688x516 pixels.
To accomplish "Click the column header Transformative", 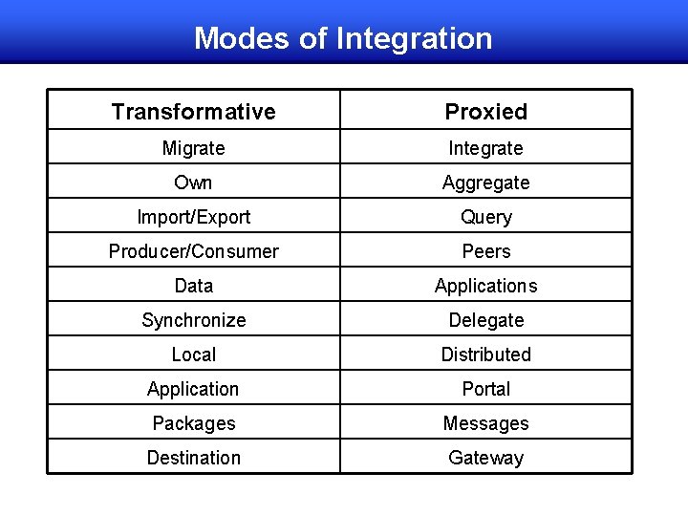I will point(193,112).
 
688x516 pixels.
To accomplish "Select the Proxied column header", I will point(485,112).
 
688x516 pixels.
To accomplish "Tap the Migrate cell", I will point(193,148).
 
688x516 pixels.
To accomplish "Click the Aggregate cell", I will point(485,183).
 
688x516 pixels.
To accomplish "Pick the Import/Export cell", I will point(193,217).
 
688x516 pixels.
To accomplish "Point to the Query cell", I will point(485,217).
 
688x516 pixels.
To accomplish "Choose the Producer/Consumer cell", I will point(193,251).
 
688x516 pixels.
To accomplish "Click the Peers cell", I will point(485,251).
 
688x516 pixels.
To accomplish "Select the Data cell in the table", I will point(193,286).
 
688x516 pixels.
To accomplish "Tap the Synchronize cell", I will point(193,320).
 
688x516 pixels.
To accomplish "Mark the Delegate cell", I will point(485,320).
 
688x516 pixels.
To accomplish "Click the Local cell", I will point(193,355).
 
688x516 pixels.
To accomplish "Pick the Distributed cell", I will point(485,355).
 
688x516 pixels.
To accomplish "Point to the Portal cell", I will point(485,389).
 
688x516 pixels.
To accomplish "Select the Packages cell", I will point(193,423).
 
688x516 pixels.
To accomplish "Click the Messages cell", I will point(485,423).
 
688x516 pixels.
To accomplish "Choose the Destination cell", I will point(193,458).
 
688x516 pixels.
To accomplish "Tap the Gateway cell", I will point(485,458).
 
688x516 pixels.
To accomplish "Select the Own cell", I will point(193,183).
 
